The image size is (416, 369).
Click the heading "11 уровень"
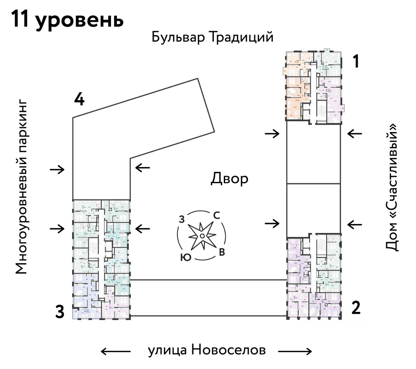[x=68, y=19]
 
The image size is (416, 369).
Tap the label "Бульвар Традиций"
[x=212, y=37]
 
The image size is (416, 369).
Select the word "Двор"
[x=229, y=179]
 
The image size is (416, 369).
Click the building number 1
[x=356, y=61]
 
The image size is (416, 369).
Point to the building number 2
[x=356, y=308]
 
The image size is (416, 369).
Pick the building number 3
[x=59, y=312]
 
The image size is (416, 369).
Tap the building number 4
[x=79, y=99]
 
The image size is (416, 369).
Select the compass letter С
[x=216, y=215]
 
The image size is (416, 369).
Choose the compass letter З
[x=182, y=220]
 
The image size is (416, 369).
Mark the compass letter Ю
[x=185, y=258]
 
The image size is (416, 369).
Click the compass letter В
[x=222, y=252]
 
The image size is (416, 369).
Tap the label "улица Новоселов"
[x=207, y=350]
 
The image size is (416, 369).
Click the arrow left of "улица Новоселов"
[x=115, y=351]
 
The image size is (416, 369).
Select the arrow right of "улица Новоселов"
[x=295, y=351]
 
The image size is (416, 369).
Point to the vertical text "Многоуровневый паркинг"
[x=21, y=187]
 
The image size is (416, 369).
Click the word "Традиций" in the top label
[x=241, y=37]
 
